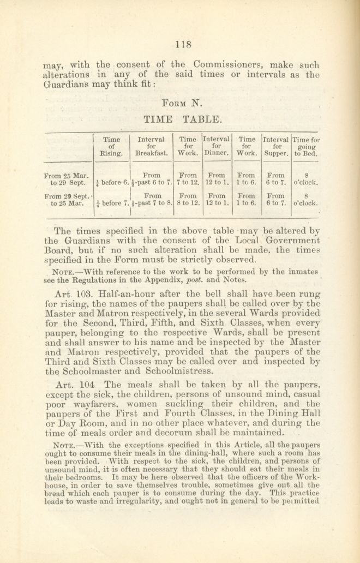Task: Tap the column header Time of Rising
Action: [x=111, y=147]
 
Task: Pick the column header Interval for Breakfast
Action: [x=151, y=147]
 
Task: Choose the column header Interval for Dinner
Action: [x=217, y=147]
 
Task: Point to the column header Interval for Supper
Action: [x=276, y=147]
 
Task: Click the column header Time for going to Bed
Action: [x=306, y=147]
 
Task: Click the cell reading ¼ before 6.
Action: [x=111, y=183]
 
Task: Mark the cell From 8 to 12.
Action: [x=188, y=199]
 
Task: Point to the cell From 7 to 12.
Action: [x=188, y=179]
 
